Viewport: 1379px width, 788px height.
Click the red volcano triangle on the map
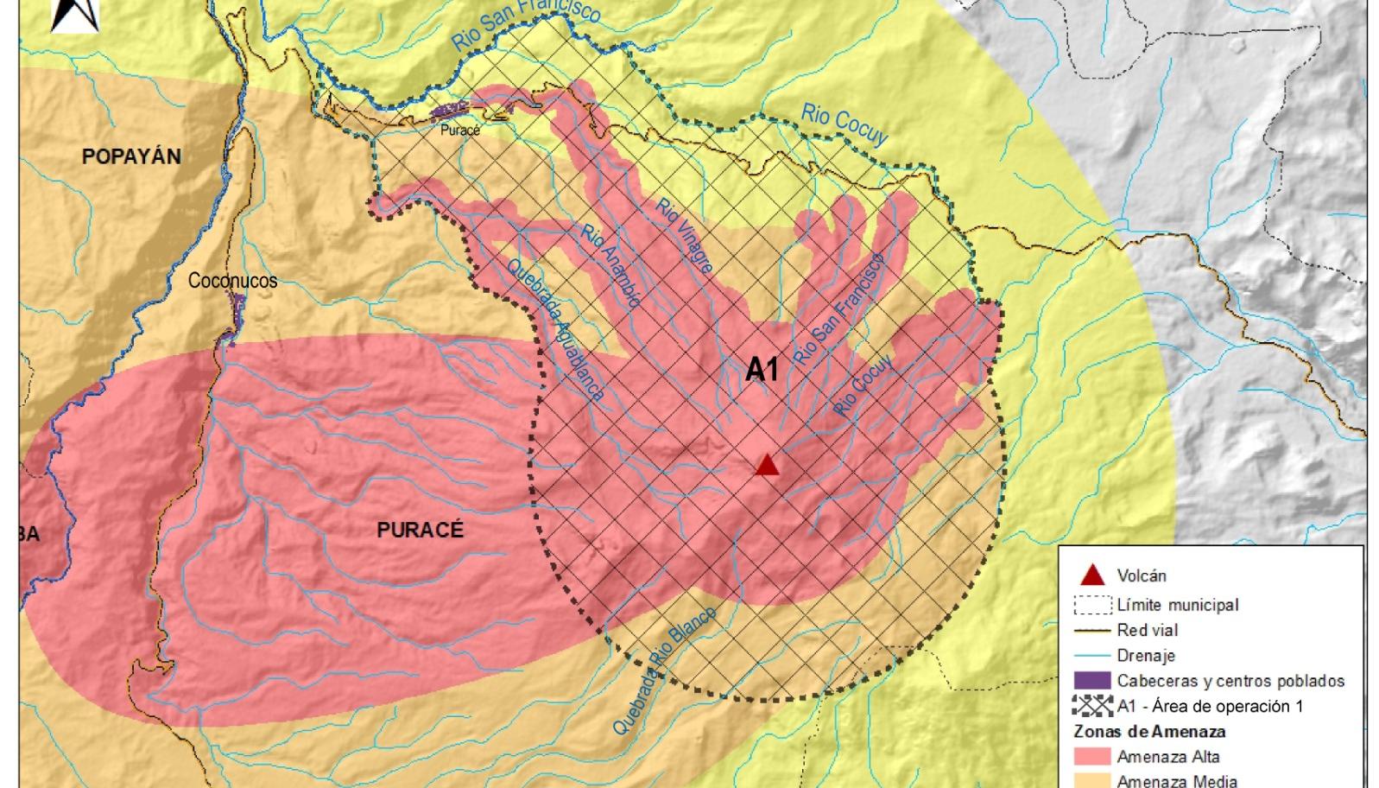point(767,466)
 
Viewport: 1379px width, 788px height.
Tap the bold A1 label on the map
point(762,370)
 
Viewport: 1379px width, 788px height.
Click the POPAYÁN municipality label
point(131,156)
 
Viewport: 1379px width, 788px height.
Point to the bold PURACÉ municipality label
point(421,530)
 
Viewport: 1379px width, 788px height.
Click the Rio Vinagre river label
point(685,236)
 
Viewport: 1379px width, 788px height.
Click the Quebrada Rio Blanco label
point(664,670)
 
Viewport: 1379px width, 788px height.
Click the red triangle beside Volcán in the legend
point(1092,575)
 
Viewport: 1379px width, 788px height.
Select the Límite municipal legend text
point(1177,605)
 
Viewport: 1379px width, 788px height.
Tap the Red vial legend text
point(1147,630)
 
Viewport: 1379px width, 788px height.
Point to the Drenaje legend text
point(1146,656)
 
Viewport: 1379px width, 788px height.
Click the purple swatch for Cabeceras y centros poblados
point(1092,681)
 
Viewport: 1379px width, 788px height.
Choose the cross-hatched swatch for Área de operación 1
point(1092,706)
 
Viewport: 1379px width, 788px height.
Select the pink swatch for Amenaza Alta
point(1092,757)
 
